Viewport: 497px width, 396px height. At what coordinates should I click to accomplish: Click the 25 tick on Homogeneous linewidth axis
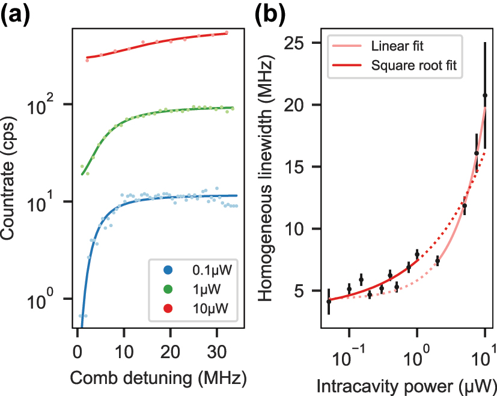click(x=306, y=44)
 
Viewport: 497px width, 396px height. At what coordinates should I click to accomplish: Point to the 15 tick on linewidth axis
click(x=306, y=167)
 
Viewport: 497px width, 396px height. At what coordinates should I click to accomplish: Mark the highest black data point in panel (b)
click(x=484, y=96)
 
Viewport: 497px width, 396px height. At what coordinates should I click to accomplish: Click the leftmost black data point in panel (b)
click(x=329, y=302)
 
